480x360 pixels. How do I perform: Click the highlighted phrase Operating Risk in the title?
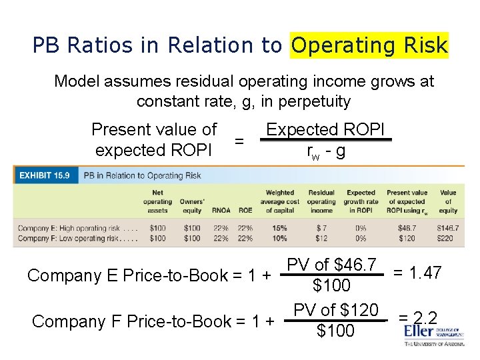[x=369, y=45]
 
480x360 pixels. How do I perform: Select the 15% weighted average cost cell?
[x=280, y=228]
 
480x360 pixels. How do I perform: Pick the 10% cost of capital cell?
[x=280, y=238]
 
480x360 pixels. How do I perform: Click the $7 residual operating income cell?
[x=321, y=228]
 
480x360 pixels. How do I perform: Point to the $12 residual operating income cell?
[x=321, y=238]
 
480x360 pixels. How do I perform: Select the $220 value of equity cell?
[x=448, y=238]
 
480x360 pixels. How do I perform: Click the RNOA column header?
[x=221, y=211]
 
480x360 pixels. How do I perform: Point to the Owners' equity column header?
[x=191, y=206]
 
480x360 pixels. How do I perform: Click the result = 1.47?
[x=417, y=272]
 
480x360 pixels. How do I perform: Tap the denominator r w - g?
[x=326, y=151]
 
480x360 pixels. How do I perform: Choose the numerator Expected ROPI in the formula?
[x=325, y=129]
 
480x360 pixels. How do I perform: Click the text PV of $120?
[x=336, y=310]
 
